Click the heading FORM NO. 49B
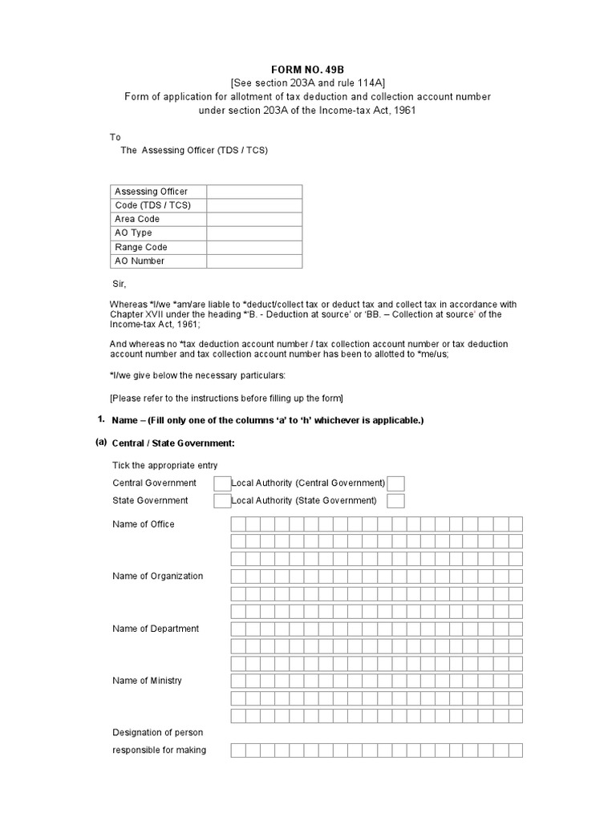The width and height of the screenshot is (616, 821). pyautogui.click(x=307, y=71)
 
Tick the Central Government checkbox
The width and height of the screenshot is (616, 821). pyautogui.click(x=221, y=483)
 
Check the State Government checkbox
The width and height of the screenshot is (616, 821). pyautogui.click(x=221, y=501)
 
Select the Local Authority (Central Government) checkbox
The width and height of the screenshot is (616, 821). pyautogui.click(x=395, y=483)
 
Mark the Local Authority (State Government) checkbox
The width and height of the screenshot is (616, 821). pyautogui.click(x=395, y=501)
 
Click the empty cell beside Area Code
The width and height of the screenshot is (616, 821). pyautogui.click(x=254, y=219)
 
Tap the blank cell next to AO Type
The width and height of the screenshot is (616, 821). pyautogui.click(x=254, y=233)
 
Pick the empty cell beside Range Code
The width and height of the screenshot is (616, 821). pyautogui.click(x=254, y=247)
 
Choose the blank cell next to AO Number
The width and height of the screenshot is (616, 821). pyautogui.click(x=254, y=261)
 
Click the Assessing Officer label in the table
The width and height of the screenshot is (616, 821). pyautogui.click(x=152, y=192)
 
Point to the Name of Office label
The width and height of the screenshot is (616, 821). pyautogui.click(x=144, y=524)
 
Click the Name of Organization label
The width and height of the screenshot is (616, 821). pyautogui.click(x=158, y=576)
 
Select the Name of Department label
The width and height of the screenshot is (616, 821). pyautogui.click(x=156, y=629)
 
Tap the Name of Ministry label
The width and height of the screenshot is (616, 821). pyautogui.click(x=148, y=681)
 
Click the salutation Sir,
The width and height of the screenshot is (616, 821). pyautogui.click(x=120, y=284)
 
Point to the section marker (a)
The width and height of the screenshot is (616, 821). pyautogui.click(x=101, y=443)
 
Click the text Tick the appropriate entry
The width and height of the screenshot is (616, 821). pyautogui.click(x=165, y=466)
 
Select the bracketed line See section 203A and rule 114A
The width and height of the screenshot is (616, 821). pyautogui.click(x=307, y=83)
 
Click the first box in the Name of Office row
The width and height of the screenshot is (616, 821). pyautogui.click(x=238, y=524)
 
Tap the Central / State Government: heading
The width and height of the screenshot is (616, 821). pyautogui.click(x=173, y=443)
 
